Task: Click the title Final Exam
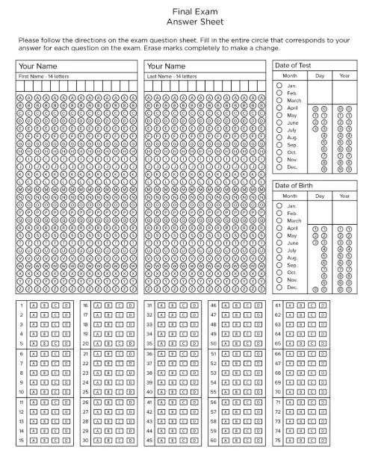pos(194,12)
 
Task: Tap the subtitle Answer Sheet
pos(194,22)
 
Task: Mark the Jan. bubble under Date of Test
pos(279,86)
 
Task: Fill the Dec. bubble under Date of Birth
pos(279,287)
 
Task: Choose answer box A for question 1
pos(33,305)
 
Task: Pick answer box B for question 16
pos(108,305)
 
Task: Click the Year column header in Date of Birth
pos(344,196)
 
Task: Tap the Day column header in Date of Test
pos(320,76)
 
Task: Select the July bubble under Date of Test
pos(279,130)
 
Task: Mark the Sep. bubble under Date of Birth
pos(279,264)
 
